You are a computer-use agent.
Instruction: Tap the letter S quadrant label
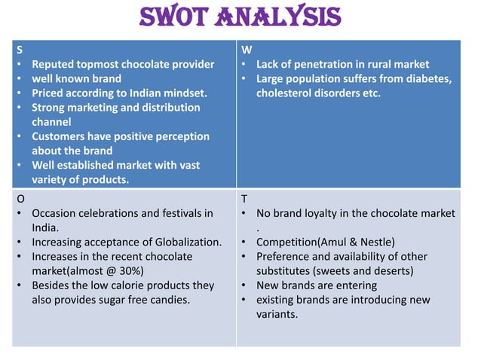pos(19,50)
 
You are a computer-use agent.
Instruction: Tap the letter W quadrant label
pos(246,50)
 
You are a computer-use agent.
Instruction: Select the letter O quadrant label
pos(20,199)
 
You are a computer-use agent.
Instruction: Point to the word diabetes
pos(424,78)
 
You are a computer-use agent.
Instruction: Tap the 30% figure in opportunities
pos(129,271)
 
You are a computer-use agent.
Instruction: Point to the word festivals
pos(178,213)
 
